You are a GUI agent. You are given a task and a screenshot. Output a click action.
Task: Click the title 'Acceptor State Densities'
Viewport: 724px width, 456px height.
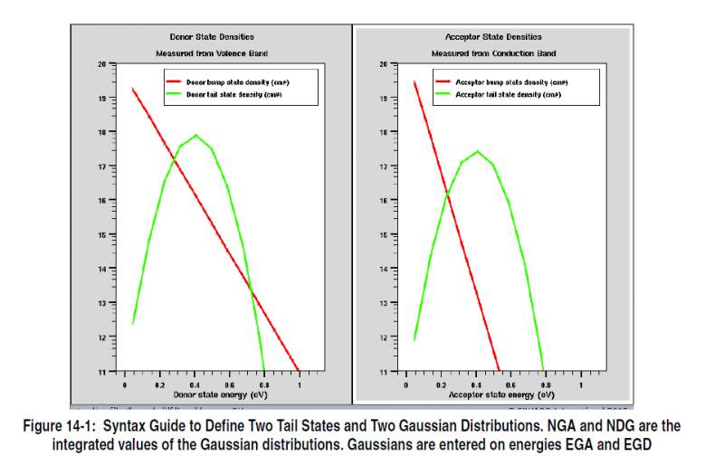coord(493,37)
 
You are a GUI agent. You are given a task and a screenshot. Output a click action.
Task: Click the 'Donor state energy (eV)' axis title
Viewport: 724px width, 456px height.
coord(212,394)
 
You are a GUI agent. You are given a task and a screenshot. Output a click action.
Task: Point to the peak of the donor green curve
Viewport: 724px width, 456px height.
coord(195,135)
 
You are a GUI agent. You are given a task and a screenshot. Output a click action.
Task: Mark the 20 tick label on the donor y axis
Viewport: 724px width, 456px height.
coord(101,64)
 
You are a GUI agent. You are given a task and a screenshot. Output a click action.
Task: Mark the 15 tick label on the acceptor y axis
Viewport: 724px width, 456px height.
coord(383,235)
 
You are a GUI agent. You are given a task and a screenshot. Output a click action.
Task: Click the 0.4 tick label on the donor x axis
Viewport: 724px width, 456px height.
coord(194,386)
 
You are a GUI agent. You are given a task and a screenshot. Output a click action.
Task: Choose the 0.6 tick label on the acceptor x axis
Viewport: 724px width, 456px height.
coord(511,386)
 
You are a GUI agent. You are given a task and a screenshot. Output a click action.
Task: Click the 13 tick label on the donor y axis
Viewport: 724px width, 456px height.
coord(101,303)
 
